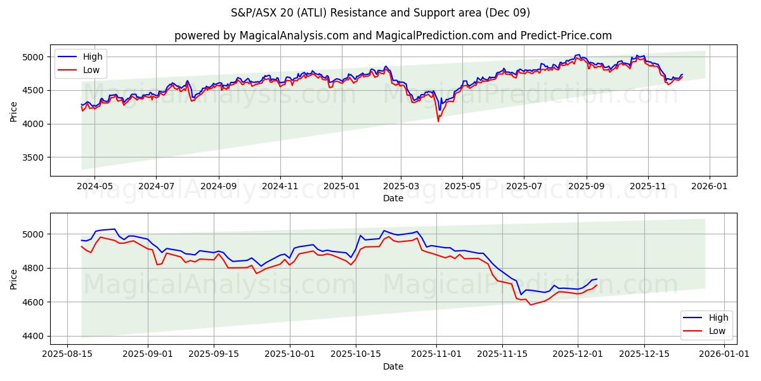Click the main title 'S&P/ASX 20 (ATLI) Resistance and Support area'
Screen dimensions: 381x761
tap(380, 13)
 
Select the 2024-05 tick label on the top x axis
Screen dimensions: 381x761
tap(94, 187)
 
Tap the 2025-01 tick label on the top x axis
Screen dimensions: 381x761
tap(341, 187)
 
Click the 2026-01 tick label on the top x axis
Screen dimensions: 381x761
tap(709, 187)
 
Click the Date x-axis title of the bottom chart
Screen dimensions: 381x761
tap(393, 366)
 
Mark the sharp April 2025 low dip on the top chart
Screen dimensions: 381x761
tap(438, 121)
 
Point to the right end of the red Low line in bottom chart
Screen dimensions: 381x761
tap(597, 285)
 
